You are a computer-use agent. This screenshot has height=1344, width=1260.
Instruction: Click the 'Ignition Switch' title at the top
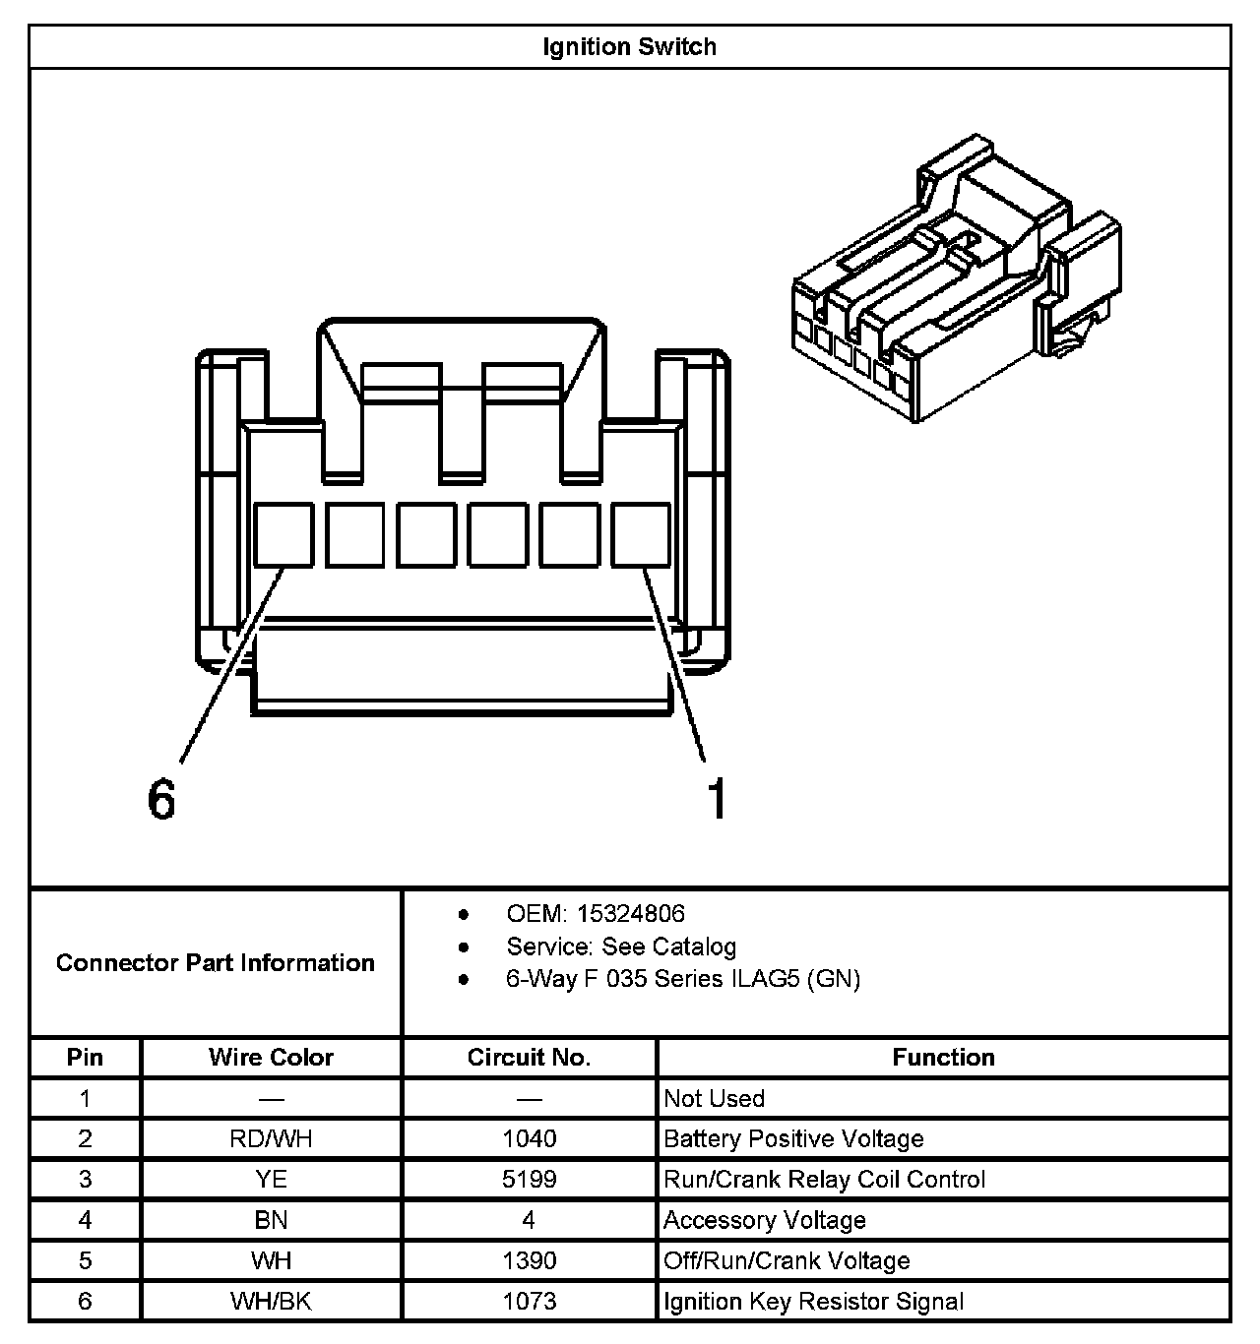pyautogui.click(x=629, y=46)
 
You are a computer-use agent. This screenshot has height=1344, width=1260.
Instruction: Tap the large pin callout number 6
pyautogui.click(x=161, y=798)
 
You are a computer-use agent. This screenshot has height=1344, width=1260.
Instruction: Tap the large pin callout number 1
pyautogui.click(x=718, y=798)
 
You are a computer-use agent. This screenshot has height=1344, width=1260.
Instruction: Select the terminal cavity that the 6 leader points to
pyautogui.click(x=283, y=534)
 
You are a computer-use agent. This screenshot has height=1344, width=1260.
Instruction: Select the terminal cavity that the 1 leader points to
pyautogui.click(x=641, y=534)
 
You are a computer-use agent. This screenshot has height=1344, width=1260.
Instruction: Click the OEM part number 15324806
pyautogui.click(x=630, y=913)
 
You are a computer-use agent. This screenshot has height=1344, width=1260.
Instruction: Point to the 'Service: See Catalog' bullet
pyautogui.click(x=620, y=947)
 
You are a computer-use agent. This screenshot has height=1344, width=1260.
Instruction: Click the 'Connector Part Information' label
pyautogui.click(x=216, y=962)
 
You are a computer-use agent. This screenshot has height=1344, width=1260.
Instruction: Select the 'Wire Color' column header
pyautogui.click(x=271, y=1057)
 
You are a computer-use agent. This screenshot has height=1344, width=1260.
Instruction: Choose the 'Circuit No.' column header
pyautogui.click(x=529, y=1057)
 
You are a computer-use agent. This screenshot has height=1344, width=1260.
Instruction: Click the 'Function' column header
pyautogui.click(x=943, y=1057)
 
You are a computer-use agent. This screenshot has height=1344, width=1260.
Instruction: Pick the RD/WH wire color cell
pyautogui.click(x=271, y=1138)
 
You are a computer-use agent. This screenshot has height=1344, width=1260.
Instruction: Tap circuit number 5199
pyautogui.click(x=529, y=1179)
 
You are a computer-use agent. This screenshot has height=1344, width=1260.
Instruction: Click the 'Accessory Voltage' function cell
pyautogui.click(x=765, y=1220)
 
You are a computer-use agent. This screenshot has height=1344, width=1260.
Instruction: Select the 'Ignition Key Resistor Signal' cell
pyautogui.click(x=813, y=1301)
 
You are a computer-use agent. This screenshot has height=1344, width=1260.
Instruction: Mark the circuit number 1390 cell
pyautogui.click(x=529, y=1260)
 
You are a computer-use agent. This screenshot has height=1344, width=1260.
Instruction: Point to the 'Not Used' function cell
pyautogui.click(x=714, y=1098)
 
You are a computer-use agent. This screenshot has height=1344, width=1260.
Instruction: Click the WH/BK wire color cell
pyautogui.click(x=271, y=1301)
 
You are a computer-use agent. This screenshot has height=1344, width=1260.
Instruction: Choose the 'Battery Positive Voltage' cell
pyautogui.click(x=793, y=1138)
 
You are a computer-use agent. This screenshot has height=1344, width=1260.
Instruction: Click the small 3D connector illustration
pyautogui.click(x=955, y=280)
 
